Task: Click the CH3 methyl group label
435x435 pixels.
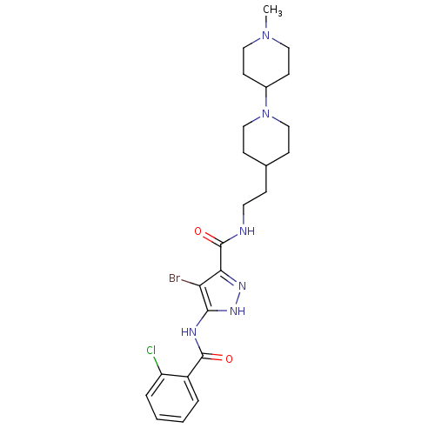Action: pyautogui.click(x=272, y=10)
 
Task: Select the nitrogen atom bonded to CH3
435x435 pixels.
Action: pyautogui.click(x=265, y=35)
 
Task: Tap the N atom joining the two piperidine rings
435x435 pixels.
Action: pyautogui.click(x=265, y=113)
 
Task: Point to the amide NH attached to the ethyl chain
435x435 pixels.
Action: pyautogui.click(x=247, y=231)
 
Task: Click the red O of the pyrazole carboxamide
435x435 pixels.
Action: pyautogui.click(x=198, y=231)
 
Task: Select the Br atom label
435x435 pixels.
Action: pyautogui.click(x=175, y=278)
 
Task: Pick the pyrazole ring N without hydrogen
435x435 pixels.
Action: pyautogui.click(x=242, y=286)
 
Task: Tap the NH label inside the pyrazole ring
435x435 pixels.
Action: pyautogui.click(x=238, y=311)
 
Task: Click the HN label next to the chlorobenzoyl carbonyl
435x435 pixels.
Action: pyautogui.click(x=189, y=332)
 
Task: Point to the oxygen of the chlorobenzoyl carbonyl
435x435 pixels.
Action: pyautogui.click(x=229, y=358)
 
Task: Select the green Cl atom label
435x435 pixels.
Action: pyautogui.click(x=151, y=351)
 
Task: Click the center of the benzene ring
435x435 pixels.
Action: pyautogui.click(x=172, y=398)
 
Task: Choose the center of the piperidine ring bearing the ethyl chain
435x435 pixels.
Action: pyautogui.click(x=266, y=139)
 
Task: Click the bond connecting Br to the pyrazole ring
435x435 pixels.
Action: pyautogui.click(x=191, y=283)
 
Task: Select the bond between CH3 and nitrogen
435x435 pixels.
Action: pyautogui.click(x=265, y=23)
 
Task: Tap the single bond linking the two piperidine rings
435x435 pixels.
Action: pyautogui.click(x=266, y=97)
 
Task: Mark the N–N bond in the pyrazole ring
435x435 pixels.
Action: pyautogui.click(x=239, y=298)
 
